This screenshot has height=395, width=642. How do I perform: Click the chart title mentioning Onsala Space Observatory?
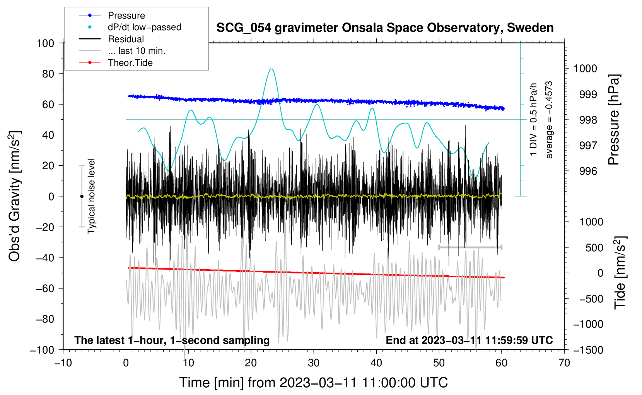(385, 28)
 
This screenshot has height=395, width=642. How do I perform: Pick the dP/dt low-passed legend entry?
(144, 27)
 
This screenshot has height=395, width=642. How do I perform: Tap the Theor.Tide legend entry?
(130, 63)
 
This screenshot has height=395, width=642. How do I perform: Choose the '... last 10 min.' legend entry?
(137, 51)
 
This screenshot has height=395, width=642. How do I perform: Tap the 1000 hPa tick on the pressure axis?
(585, 69)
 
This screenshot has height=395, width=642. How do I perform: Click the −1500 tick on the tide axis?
(588, 350)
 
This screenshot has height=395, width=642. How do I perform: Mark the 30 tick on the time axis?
(314, 363)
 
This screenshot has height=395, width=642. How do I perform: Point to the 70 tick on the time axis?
(564, 363)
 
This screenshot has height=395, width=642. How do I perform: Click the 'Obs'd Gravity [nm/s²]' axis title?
(15, 196)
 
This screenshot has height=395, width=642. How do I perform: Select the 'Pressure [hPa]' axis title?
(614, 120)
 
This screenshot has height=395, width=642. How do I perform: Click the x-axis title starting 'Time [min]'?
(314, 383)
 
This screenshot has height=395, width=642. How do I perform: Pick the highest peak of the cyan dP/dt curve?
(271, 69)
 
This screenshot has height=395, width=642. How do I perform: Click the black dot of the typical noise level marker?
(82, 196)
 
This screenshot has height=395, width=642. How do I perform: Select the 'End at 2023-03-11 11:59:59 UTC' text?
(469, 340)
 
